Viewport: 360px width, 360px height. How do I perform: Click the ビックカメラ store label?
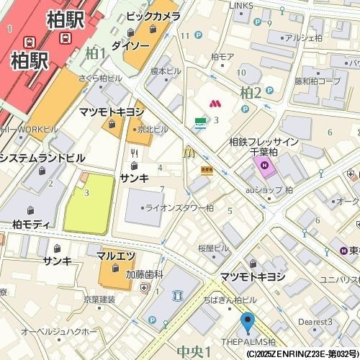(153, 15)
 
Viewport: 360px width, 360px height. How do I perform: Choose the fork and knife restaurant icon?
(134, 152)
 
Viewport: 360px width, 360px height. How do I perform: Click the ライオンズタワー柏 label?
(180, 207)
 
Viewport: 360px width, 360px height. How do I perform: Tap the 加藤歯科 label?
(145, 274)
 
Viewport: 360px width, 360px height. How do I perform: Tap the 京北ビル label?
(153, 129)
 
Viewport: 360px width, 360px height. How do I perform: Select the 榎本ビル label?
(165, 71)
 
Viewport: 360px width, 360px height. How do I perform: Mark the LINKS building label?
(241, 6)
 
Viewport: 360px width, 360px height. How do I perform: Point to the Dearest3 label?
(316, 321)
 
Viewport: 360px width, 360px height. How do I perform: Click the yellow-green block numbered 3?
(89, 202)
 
